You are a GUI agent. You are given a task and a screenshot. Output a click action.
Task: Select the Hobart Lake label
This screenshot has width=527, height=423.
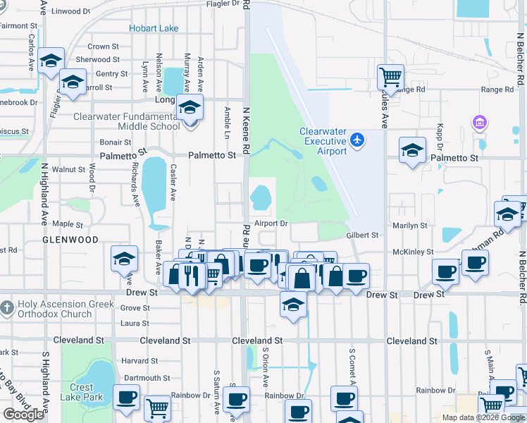tap(153, 28)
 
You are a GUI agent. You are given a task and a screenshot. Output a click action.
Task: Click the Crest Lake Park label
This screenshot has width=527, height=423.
tap(81, 392)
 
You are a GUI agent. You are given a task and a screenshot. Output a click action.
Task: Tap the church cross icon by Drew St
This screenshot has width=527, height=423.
tap(6, 307)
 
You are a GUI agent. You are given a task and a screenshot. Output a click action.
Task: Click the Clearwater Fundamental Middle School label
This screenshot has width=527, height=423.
tap(127, 121)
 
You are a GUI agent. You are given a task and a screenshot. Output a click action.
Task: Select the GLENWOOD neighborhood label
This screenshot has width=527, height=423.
tap(70, 240)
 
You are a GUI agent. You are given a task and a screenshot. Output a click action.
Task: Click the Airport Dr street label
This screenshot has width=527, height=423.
tap(272, 223)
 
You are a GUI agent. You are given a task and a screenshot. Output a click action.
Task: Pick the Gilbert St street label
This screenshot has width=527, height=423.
tap(362, 235)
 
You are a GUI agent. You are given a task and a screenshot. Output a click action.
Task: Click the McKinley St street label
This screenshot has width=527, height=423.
tap(413, 252)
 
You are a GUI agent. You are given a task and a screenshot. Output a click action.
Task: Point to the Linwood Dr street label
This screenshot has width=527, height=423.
tap(71, 11)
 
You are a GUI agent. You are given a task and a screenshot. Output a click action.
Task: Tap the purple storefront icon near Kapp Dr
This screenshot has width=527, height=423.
tap(480, 123)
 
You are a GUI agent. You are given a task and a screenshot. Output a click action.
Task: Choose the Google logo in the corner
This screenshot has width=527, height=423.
tap(23, 415)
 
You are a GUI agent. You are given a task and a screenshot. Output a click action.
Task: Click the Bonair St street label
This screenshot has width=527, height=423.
tap(116, 142)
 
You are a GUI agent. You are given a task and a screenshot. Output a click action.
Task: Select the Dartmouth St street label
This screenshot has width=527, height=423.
tap(145, 378)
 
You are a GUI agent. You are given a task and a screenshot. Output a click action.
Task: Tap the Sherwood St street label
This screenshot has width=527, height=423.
tap(93, 59)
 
